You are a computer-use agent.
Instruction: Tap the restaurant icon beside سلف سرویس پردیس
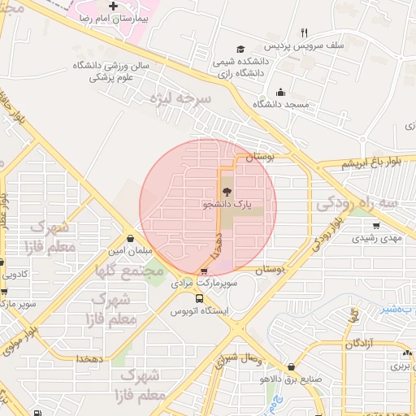coord(304,33)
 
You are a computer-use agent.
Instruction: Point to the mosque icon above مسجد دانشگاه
coord(280,92)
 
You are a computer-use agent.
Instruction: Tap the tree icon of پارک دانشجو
coord(226,192)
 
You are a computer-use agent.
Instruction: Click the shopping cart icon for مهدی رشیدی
coord(375,226)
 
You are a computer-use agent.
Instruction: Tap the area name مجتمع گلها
coord(129,270)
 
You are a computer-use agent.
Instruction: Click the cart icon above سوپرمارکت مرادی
coord(203,272)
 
